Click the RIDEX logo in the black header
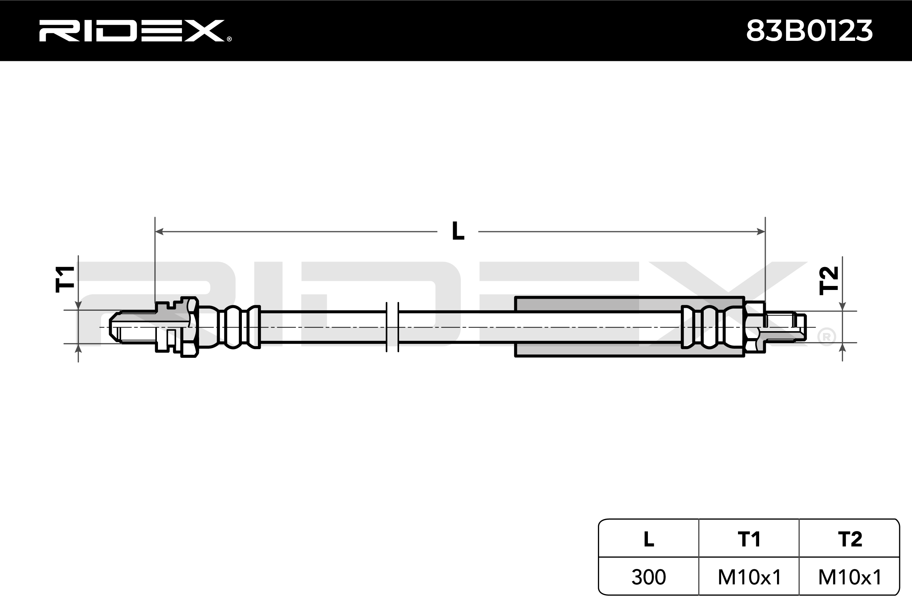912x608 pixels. tap(132, 31)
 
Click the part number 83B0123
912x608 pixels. tap(809, 31)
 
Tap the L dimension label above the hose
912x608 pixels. tap(458, 231)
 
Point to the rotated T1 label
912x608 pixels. tap(65, 279)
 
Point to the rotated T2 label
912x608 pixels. tap(828, 280)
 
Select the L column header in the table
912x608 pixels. tap(649, 539)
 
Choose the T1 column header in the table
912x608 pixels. tap(749, 539)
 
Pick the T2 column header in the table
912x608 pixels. tap(850, 539)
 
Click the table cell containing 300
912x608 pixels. tap(649, 577)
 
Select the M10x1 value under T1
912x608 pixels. tap(749, 577)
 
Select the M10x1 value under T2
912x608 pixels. tap(850, 577)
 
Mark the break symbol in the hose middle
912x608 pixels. tap(393, 327)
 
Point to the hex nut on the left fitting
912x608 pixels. tap(190, 327)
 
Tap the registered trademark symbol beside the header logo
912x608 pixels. tap(229, 39)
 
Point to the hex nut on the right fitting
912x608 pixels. tap(754, 326)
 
